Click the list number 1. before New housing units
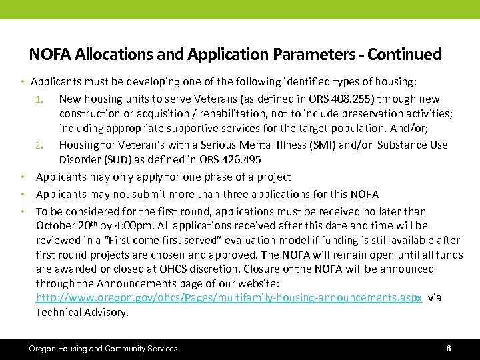pyautogui.click(x=39, y=99)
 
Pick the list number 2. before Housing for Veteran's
pyautogui.click(x=39, y=145)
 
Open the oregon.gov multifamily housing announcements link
pyautogui.click(x=229, y=298)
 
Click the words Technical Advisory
pyautogui.click(x=82, y=312)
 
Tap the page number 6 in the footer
pyautogui.click(x=449, y=349)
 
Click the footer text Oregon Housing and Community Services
pyautogui.click(x=103, y=349)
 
